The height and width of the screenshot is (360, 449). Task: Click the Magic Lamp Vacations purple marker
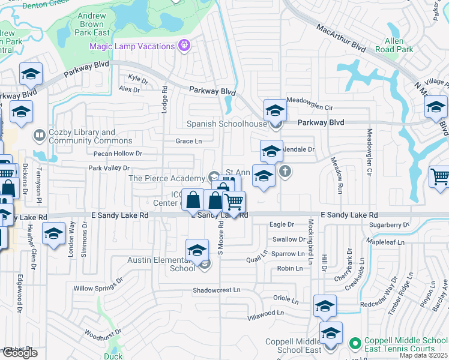click(184, 46)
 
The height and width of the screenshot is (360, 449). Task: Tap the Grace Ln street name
click(188, 141)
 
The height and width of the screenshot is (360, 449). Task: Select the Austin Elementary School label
click(161, 264)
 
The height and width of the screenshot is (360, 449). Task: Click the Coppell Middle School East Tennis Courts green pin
click(355, 344)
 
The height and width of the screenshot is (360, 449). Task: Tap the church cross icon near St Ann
click(285, 172)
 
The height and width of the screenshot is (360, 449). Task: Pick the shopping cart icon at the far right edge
click(440, 177)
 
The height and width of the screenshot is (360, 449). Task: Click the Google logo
click(20, 353)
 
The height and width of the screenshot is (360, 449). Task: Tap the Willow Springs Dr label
click(97, 284)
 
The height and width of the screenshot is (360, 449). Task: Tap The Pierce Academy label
click(166, 178)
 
